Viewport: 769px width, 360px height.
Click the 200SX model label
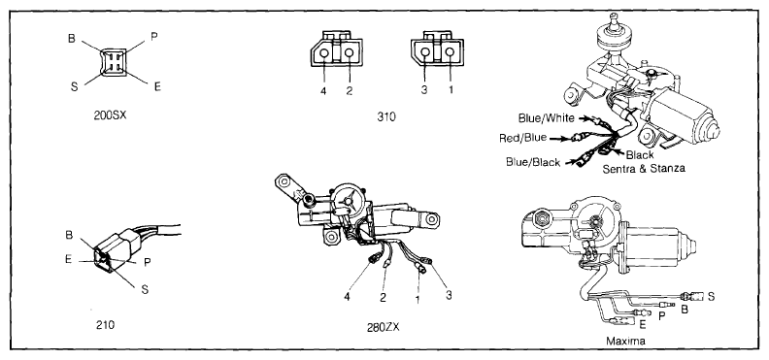[110, 116]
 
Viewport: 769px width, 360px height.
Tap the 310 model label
[386, 116]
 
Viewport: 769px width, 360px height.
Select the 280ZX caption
[383, 327]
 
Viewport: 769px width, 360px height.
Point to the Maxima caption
[625, 340]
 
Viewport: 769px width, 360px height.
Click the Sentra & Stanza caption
[644, 168]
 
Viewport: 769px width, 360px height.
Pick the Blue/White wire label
[547, 118]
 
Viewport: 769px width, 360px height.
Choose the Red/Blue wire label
[522, 138]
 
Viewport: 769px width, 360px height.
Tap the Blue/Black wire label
[533, 162]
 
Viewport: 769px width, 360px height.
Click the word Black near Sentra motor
[640, 155]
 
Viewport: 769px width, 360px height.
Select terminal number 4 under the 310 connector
[324, 91]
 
